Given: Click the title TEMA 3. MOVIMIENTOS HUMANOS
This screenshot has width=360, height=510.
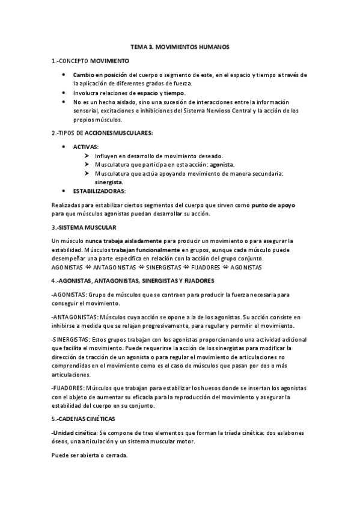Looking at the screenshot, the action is tap(179, 46).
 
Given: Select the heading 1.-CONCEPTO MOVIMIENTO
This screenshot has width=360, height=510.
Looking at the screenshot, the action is tap(90, 61).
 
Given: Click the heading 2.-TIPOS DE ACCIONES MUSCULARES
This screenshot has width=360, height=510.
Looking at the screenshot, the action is tap(102, 132).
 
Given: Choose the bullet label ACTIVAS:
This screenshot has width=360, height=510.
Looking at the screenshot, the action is tap(86, 147).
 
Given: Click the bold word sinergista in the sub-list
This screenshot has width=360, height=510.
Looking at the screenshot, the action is tap(109, 182).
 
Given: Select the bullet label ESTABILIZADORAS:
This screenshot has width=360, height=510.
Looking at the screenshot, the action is tap(99, 191).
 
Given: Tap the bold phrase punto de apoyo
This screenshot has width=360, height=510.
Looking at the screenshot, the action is tap(273, 205).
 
